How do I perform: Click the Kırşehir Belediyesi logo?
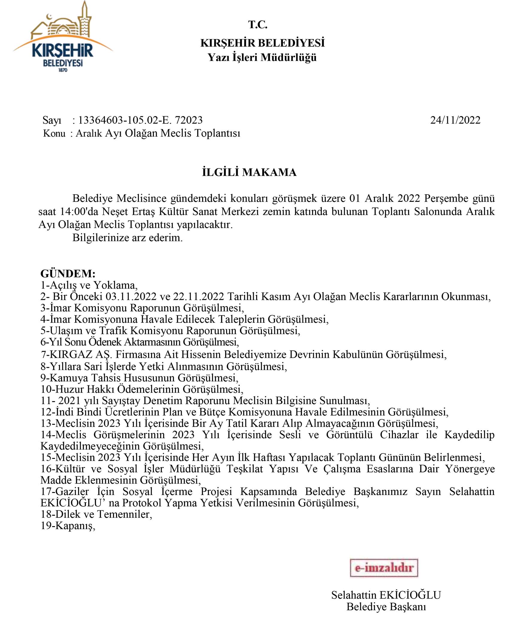tap(63, 37)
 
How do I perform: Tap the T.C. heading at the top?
tap(258, 25)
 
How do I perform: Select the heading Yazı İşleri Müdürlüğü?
tap(262, 57)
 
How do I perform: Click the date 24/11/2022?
tap(455, 120)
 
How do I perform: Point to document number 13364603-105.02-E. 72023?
tap(140, 120)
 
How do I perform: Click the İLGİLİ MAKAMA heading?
tap(249, 172)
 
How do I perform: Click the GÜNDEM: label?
tap(68, 274)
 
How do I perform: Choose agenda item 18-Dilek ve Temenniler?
tap(96, 514)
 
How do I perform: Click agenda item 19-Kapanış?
tap(68, 526)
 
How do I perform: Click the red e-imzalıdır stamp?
tap(384, 568)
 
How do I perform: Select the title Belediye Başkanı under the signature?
tap(386, 607)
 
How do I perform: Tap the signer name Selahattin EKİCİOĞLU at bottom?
tap(386, 595)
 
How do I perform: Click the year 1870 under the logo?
tap(63, 70)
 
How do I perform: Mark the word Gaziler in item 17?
tap(72, 491)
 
